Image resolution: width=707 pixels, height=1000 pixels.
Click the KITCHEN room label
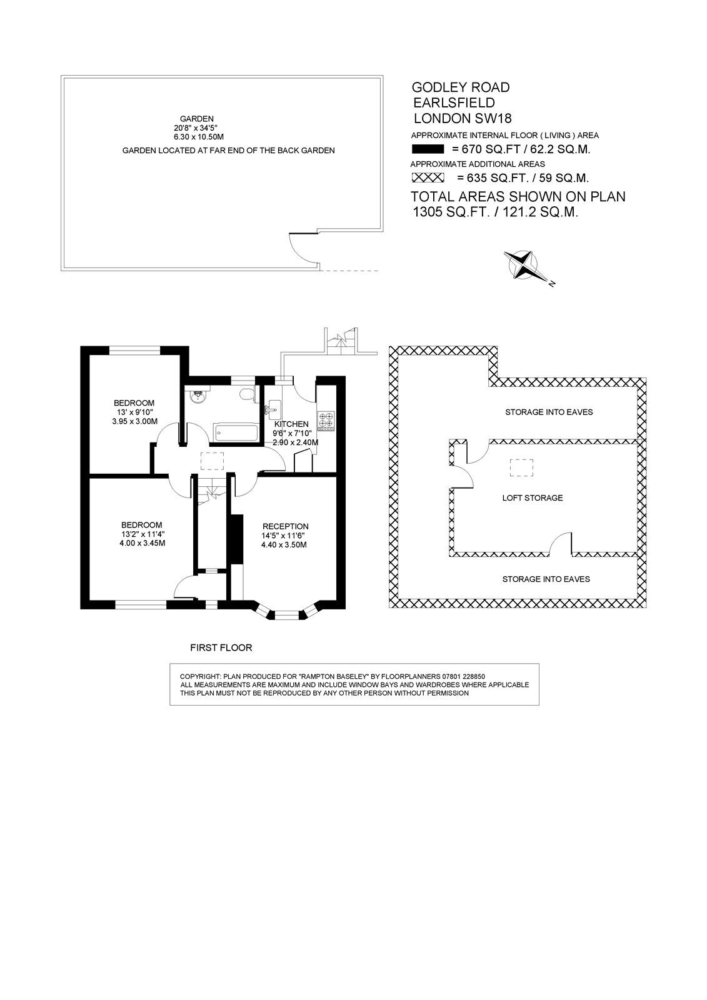[x=291, y=424]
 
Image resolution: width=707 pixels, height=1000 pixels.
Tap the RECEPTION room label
[x=286, y=526]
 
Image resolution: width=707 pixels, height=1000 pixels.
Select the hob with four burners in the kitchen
[x=326, y=421]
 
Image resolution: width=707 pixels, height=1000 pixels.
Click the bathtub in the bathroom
[x=236, y=432]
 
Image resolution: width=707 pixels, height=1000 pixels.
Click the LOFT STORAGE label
[x=533, y=497]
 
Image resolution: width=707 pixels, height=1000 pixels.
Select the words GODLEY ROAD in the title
[x=461, y=87]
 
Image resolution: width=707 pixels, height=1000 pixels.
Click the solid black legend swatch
[x=428, y=149]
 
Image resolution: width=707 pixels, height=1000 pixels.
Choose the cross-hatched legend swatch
[x=428, y=177]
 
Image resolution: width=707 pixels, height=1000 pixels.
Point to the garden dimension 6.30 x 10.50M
[x=199, y=137]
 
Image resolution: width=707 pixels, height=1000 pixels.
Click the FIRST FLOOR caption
[x=221, y=647]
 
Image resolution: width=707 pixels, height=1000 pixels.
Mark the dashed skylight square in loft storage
[x=521, y=468]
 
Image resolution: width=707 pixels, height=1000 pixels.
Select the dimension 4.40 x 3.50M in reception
[x=284, y=544]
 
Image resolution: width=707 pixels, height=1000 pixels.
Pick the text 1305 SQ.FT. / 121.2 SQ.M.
[x=496, y=212]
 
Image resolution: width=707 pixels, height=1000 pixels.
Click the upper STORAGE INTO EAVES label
[x=549, y=412]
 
